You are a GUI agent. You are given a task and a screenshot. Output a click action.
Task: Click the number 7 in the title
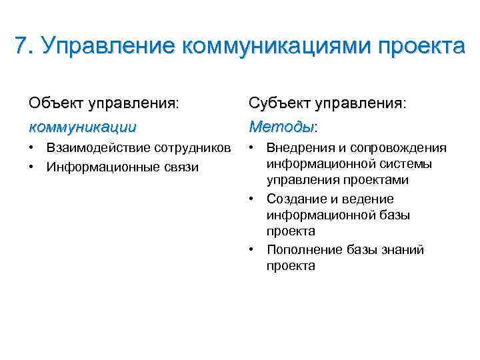click(21, 46)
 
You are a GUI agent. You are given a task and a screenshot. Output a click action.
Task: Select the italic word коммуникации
click(83, 125)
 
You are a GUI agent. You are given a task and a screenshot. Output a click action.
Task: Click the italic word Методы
click(281, 125)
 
